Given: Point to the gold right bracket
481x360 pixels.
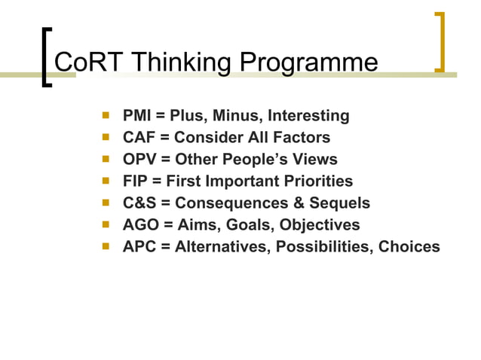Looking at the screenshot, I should coord(439,42).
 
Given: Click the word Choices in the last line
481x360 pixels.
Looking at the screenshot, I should coord(409,247).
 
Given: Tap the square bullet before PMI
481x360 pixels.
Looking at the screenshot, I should coord(106,116).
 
